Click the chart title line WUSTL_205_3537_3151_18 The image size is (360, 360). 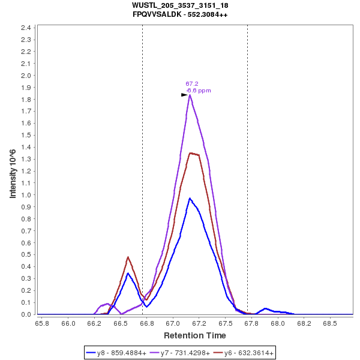[x=180, y=5]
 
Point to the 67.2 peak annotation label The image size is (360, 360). [x=192, y=84]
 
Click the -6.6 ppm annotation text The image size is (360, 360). [x=199, y=91]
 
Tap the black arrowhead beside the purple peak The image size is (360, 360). [x=185, y=95]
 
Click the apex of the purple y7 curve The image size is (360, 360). [x=190, y=95]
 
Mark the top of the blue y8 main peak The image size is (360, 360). [x=190, y=198]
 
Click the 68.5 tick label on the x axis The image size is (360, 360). [x=330, y=323]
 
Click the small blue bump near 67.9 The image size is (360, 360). [x=265, y=308]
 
